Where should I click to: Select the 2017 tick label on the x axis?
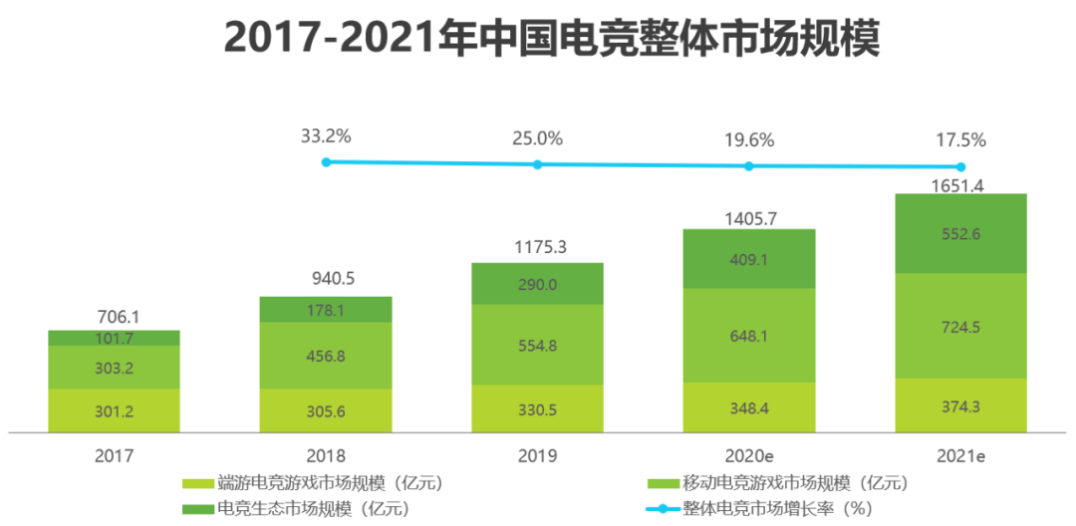click(113, 456)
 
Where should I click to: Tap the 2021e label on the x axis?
click(960, 456)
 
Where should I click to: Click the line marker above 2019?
click(538, 164)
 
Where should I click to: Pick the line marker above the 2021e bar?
click(961, 167)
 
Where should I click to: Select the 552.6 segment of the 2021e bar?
click(960, 234)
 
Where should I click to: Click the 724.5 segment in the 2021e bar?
click(960, 326)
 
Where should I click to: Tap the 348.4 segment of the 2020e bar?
click(749, 407)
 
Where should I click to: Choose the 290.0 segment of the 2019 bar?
click(537, 284)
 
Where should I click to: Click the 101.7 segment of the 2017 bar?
click(114, 339)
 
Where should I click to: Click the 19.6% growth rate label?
click(749, 140)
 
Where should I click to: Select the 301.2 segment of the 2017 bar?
click(114, 410)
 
